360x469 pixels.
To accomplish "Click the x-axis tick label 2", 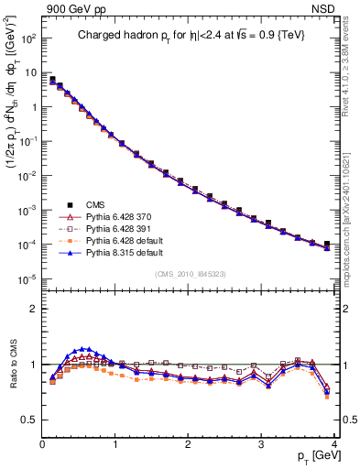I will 188,443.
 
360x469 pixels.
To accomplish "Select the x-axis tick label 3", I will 261,443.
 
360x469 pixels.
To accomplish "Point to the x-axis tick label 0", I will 42,443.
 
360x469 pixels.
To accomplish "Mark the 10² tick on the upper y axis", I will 27,39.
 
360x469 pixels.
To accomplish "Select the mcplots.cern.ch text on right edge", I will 351,220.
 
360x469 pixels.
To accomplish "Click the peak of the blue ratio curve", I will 85,348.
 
